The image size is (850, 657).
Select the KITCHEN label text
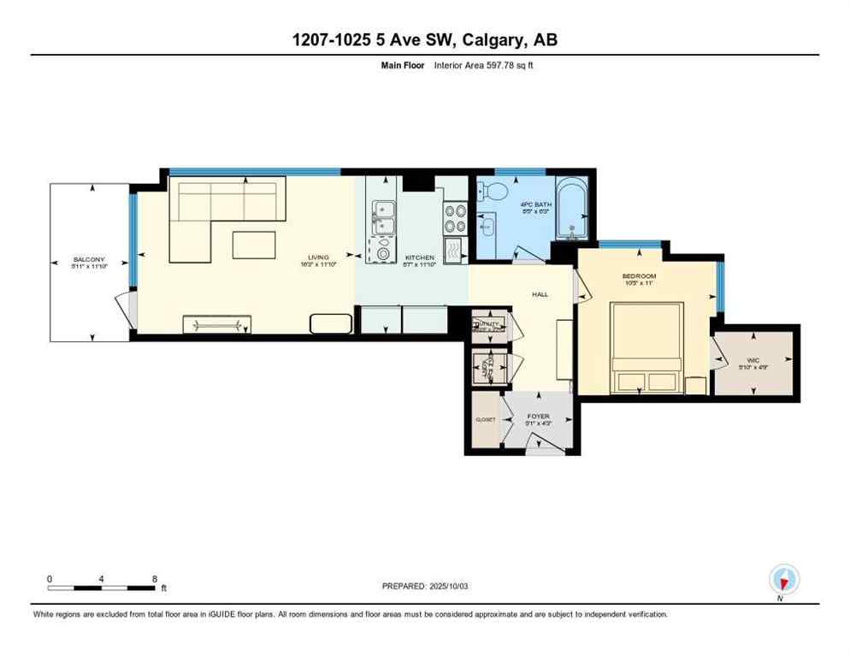click(420, 257)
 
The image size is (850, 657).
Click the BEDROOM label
click(639, 275)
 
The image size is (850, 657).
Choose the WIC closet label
click(753, 360)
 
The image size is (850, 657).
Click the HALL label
click(540, 294)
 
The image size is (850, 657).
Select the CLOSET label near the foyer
click(485, 420)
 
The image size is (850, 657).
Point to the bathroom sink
click(487, 228)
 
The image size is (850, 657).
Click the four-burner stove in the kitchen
click(455, 219)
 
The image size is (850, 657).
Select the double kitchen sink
click(381, 217)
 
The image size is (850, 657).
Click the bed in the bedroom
click(646, 347)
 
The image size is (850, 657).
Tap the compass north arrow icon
click(783, 579)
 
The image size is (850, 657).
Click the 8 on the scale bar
click(154, 579)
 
